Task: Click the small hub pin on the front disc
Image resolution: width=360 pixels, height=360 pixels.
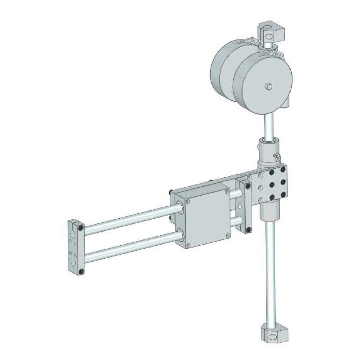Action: pyautogui.click(x=269, y=85)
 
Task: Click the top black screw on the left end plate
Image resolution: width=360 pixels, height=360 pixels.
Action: pyautogui.click(x=81, y=228)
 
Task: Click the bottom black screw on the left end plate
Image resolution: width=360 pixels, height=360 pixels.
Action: pyautogui.click(x=81, y=271)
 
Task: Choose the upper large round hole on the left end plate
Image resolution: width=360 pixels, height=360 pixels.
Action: pyautogui.click(x=72, y=234)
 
